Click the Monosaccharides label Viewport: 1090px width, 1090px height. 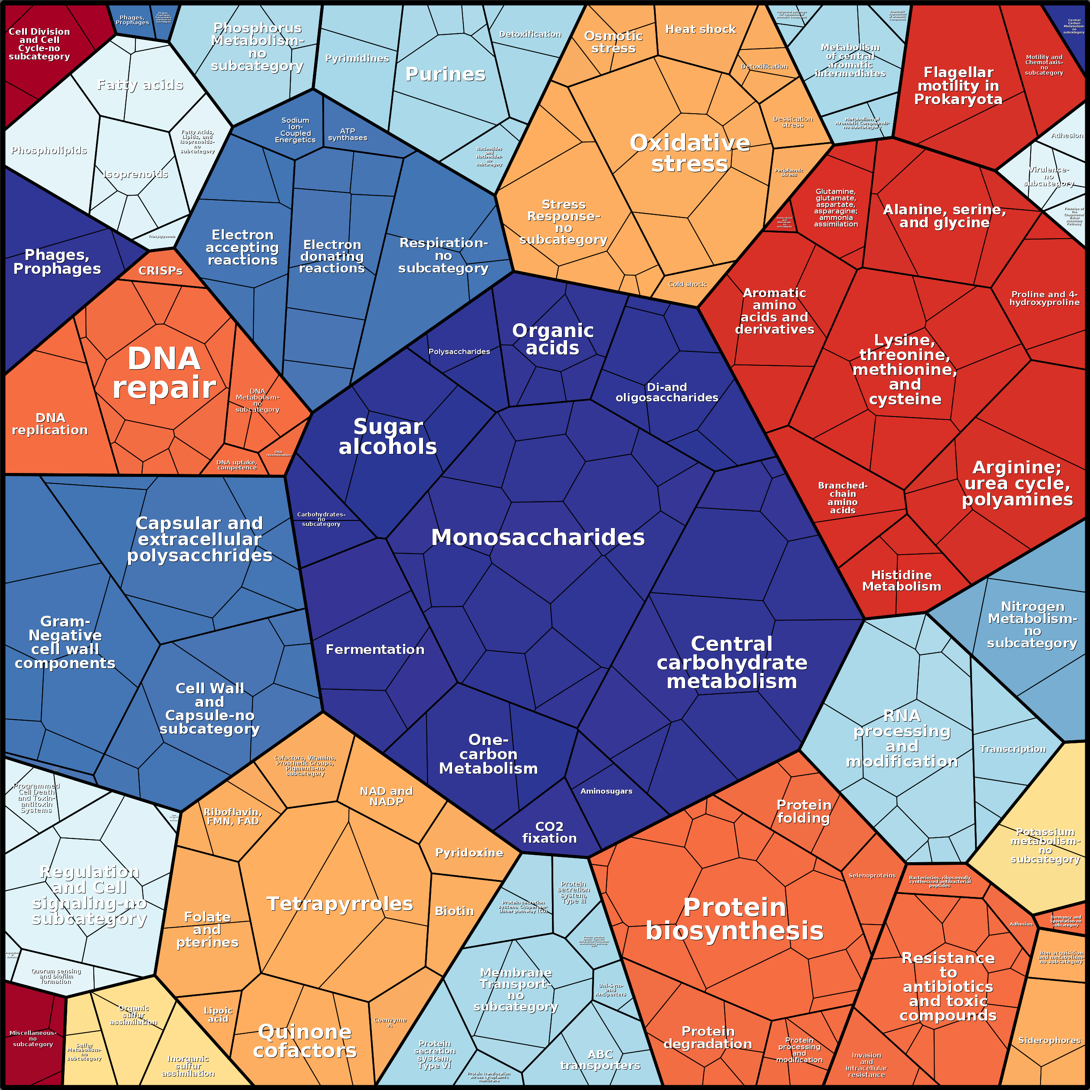pyautogui.click(x=538, y=538)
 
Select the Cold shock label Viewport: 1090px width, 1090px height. pyautogui.click(x=687, y=284)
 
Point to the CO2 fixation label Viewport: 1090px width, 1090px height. pyautogui.click(x=549, y=832)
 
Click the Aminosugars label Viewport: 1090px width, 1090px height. pyautogui.click(x=607, y=791)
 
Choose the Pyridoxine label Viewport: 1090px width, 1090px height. pyautogui.click(x=469, y=853)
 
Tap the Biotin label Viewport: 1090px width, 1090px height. pyautogui.click(x=454, y=911)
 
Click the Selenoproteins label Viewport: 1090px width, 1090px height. pyautogui.click(x=872, y=876)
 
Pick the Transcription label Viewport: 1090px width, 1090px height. pyautogui.click(x=1013, y=749)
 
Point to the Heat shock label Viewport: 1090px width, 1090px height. pyautogui.click(x=700, y=30)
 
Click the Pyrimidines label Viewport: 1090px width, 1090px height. pyautogui.click(x=357, y=59)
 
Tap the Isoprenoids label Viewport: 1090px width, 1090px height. pyautogui.click(x=135, y=174)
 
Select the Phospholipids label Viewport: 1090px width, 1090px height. pyautogui.click(x=49, y=151)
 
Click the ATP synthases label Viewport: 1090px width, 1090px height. pyautogui.click(x=348, y=134)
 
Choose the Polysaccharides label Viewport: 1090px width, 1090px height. pyautogui.click(x=459, y=351)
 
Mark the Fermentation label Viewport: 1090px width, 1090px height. pyautogui.click(x=375, y=650)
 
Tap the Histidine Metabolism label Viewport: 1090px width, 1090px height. pyautogui.click(x=902, y=581)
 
